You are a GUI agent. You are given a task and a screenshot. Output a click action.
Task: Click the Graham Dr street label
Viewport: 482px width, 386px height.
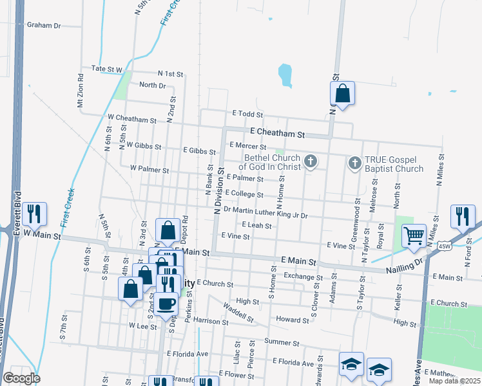43,26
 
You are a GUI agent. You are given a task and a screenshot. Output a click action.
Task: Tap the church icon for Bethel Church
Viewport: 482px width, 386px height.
311,161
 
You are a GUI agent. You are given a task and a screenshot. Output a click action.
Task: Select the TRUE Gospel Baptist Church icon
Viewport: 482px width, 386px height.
354,163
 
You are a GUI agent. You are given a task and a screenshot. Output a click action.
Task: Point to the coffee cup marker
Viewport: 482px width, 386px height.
166,303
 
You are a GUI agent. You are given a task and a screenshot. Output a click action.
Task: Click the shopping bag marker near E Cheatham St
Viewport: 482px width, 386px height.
343,93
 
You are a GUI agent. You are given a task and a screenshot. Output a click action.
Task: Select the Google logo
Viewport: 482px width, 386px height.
21,378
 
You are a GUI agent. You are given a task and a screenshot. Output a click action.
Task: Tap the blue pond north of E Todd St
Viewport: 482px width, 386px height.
285,75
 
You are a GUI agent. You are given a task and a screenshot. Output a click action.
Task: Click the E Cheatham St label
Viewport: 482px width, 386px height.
277,133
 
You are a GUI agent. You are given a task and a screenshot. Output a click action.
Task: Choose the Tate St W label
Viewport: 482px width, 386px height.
107,68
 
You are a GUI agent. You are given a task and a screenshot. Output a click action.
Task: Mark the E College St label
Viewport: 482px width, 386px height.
244,194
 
